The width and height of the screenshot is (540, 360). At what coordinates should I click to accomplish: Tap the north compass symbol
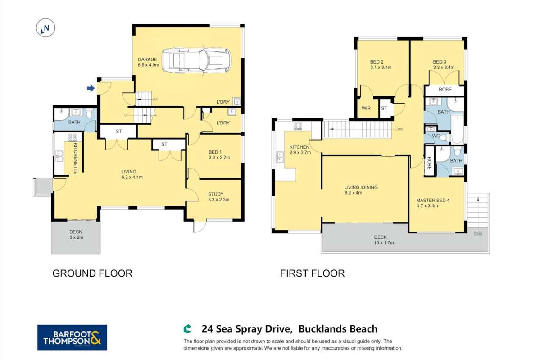pos(45,29)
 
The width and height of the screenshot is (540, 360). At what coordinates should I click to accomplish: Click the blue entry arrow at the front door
pos(91,88)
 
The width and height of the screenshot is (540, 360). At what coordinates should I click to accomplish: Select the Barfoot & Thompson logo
pos(72,337)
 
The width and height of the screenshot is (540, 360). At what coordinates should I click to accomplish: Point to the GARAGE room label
pos(148,59)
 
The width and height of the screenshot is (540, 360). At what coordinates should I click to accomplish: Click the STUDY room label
pos(216,195)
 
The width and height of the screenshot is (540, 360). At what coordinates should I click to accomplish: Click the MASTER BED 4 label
pos(433,201)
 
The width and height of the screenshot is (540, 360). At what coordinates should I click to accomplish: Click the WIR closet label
pos(366,109)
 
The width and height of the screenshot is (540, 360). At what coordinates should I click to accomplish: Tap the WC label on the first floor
pos(435,136)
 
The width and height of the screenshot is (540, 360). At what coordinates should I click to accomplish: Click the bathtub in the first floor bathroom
pos(457,126)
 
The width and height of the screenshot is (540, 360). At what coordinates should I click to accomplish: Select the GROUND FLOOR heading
pos(92,273)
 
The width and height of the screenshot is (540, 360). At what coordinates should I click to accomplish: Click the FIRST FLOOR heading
pos(312,273)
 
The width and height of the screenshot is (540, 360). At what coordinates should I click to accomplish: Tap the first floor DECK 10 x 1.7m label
pos(381,237)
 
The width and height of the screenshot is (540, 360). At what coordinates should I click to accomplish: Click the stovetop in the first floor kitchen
pos(298,126)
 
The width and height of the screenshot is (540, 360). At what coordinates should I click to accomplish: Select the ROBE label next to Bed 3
pos(445,90)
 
